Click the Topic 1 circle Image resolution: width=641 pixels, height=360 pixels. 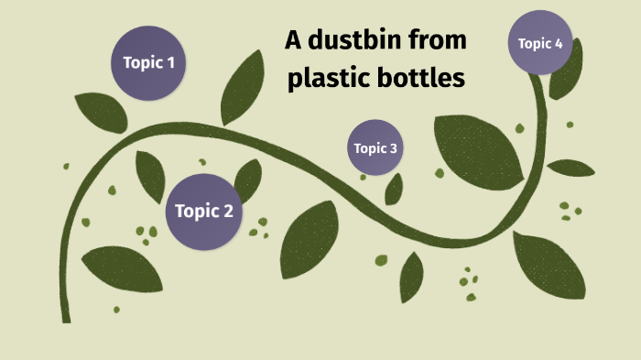point(148,63)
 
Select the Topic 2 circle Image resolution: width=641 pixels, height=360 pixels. point(203,212)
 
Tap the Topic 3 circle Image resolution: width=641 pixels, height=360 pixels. point(375,147)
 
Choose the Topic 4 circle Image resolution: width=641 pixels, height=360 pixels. point(547,43)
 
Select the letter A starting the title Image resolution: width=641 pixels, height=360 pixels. point(293,41)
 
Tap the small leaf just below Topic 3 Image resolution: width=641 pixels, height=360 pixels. point(394,189)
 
